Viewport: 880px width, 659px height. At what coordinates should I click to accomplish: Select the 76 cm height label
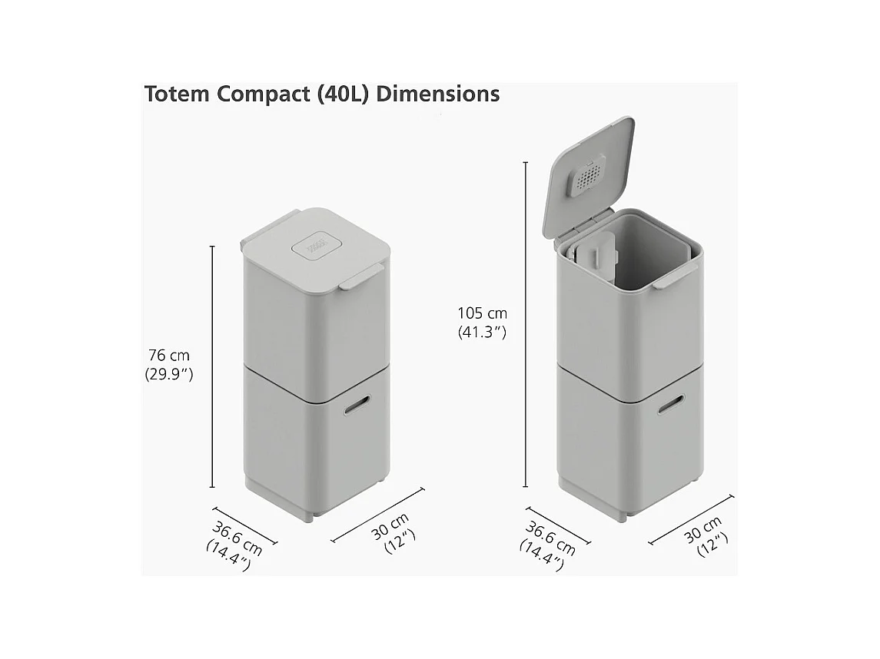(x=169, y=356)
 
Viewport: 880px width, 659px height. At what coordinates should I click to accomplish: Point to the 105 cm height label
(x=482, y=313)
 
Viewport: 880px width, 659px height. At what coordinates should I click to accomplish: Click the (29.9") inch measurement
(x=169, y=375)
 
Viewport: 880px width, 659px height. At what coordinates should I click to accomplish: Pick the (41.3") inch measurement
(x=482, y=333)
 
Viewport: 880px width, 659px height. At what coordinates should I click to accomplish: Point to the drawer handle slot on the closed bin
(x=357, y=405)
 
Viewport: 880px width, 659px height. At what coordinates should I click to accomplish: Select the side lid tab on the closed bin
(x=360, y=278)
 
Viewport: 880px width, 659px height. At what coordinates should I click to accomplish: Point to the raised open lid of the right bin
(x=589, y=176)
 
